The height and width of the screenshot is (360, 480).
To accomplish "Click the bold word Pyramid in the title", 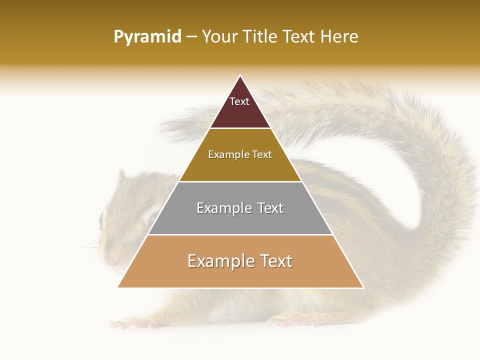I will [x=147, y=37].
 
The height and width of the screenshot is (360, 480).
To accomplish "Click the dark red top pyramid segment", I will [x=240, y=107].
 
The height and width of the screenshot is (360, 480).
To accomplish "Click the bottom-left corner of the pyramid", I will [x=118, y=287].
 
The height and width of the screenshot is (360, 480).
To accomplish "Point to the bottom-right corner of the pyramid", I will [x=363, y=287].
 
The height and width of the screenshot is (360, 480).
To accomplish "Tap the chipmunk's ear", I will [x=121, y=177].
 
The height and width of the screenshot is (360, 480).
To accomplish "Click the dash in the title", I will [x=191, y=37].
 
